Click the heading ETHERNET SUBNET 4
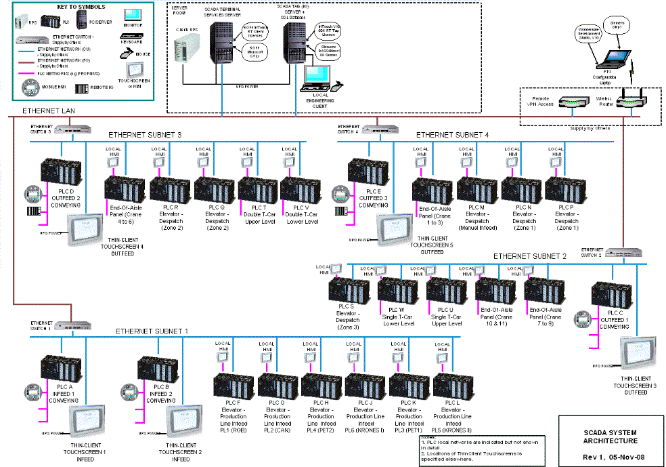tap(452, 135)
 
